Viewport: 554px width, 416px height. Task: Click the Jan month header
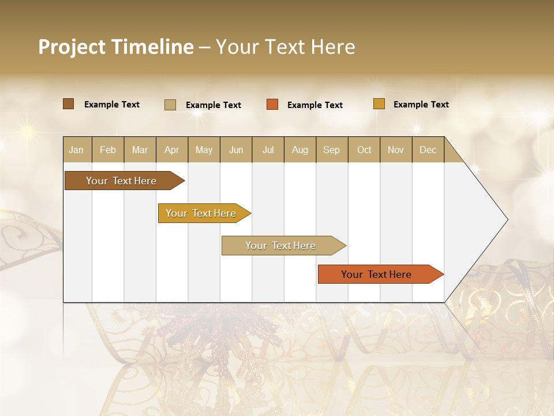pyautogui.click(x=77, y=150)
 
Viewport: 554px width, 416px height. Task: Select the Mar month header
pyautogui.click(x=140, y=150)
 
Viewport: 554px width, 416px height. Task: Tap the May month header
pyautogui.click(x=204, y=150)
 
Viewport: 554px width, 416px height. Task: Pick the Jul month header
pyautogui.click(x=268, y=150)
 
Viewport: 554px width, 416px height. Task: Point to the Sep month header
pyautogui.click(x=331, y=150)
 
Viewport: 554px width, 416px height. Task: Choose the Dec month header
pyautogui.click(x=428, y=150)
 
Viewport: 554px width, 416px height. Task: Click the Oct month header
pyautogui.click(x=364, y=150)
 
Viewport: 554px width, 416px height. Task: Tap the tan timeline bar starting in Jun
pyautogui.click(x=282, y=246)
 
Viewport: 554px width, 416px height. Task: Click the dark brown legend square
pyautogui.click(x=69, y=104)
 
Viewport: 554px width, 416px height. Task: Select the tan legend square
pyautogui.click(x=170, y=105)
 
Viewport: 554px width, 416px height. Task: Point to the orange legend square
pyautogui.click(x=272, y=105)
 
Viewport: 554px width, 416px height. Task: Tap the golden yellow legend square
pyautogui.click(x=379, y=104)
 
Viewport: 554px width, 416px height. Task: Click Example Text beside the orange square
pyautogui.click(x=315, y=105)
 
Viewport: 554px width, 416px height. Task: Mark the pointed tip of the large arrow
pyautogui.click(x=507, y=220)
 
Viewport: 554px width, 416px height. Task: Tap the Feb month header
pyautogui.click(x=108, y=150)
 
